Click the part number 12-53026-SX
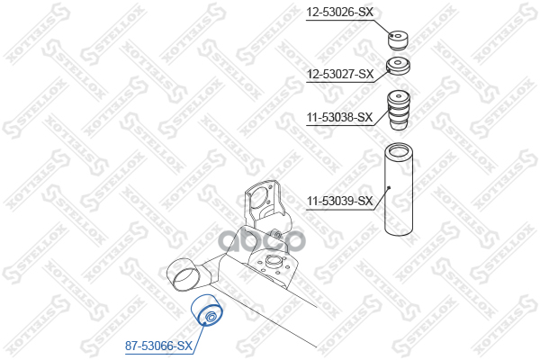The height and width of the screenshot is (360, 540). pyautogui.click(x=338, y=12)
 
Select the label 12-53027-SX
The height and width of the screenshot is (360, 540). pyautogui.click(x=338, y=73)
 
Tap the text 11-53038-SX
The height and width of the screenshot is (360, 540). pyautogui.click(x=338, y=116)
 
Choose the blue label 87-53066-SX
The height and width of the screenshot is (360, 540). pyautogui.click(x=159, y=345)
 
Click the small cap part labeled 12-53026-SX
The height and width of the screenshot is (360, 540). pyautogui.click(x=399, y=40)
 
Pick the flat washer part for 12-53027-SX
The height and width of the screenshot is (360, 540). pyautogui.click(x=398, y=67)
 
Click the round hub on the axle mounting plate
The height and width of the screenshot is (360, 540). pyautogui.click(x=269, y=264)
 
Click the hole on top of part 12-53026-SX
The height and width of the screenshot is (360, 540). pyautogui.click(x=399, y=35)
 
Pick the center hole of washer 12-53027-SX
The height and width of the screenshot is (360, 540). pyautogui.click(x=399, y=63)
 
